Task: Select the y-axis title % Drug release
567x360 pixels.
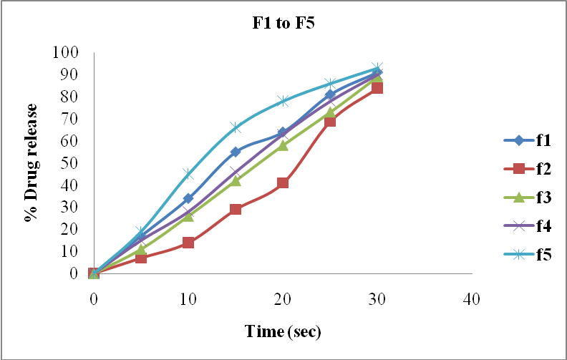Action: click(31, 162)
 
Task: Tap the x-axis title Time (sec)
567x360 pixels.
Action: click(283, 331)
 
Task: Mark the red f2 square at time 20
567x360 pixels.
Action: click(283, 183)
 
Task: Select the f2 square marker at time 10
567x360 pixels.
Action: click(188, 243)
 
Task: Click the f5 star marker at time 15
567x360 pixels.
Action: click(236, 127)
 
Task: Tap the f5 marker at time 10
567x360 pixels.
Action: click(188, 174)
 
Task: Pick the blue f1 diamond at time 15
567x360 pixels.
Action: click(236, 152)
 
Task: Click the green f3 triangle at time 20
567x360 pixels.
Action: click(283, 145)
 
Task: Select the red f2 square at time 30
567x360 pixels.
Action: click(377, 88)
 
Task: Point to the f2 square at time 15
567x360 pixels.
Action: click(236, 209)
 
